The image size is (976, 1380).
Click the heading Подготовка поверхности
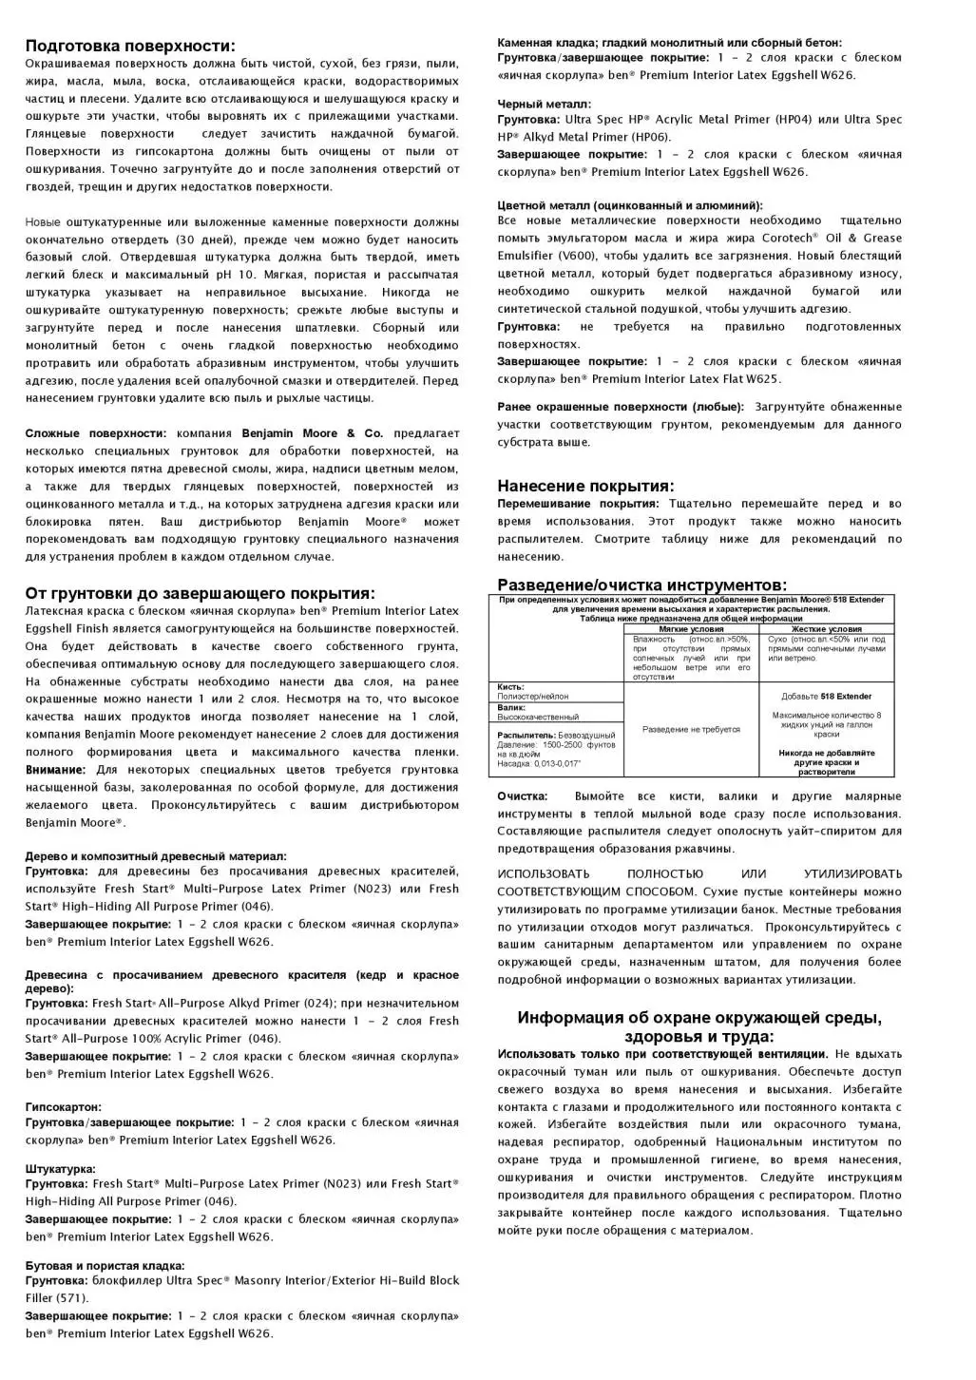130,46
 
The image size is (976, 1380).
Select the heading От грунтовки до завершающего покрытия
200,593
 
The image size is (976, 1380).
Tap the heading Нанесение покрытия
585,486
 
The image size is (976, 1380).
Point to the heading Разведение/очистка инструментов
641,585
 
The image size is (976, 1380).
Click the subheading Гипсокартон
63,1107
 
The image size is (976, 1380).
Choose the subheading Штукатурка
60,1169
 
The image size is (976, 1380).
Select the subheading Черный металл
544,105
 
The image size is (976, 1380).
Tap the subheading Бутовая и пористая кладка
105,1266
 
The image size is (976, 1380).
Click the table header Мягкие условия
691,629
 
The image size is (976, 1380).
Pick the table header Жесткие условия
826,629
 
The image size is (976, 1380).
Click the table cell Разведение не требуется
691,729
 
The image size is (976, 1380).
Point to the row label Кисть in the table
510,687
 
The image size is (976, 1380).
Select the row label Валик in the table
511,707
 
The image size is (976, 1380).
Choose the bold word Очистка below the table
523,796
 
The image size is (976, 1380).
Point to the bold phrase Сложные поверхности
95,433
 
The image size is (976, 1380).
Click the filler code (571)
73,1298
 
